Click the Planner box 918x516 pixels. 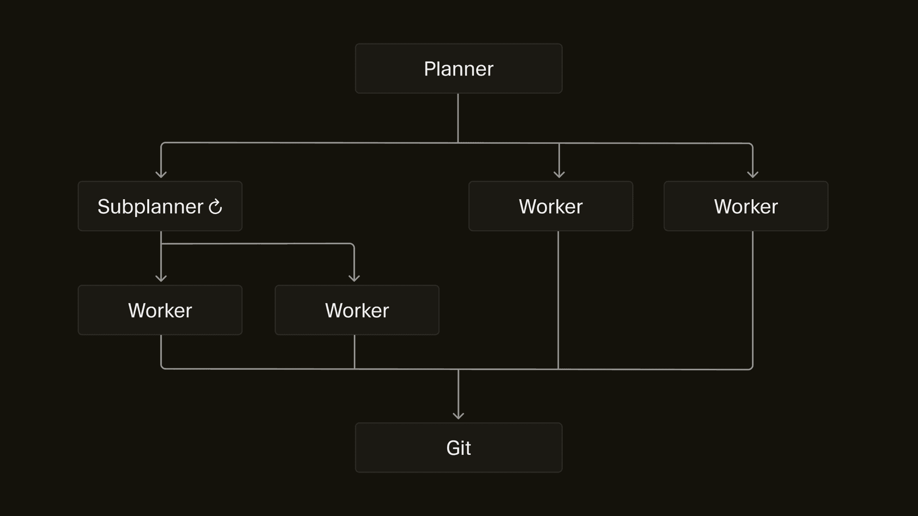point(459,68)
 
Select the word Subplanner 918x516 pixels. point(150,207)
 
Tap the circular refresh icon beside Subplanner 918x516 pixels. point(216,207)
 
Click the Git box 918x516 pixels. point(459,448)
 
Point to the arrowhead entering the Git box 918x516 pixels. point(459,416)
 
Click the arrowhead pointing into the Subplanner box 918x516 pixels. point(161,174)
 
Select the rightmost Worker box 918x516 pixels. point(746,206)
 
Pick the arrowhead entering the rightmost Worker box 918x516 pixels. point(753,174)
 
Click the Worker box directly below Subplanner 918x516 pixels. point(160,310)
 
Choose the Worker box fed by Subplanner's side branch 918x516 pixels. point(357,310)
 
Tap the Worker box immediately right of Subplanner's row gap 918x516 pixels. point(551,206)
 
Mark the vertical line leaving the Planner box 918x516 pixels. point(458,117)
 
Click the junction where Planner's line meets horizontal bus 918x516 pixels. point(458,143)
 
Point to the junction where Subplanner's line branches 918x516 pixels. point(161,244)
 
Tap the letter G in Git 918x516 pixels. point(452,448)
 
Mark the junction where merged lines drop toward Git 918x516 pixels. point(459,369)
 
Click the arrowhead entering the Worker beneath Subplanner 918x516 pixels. point(161,278)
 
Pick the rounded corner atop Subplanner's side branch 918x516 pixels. point(352,245)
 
